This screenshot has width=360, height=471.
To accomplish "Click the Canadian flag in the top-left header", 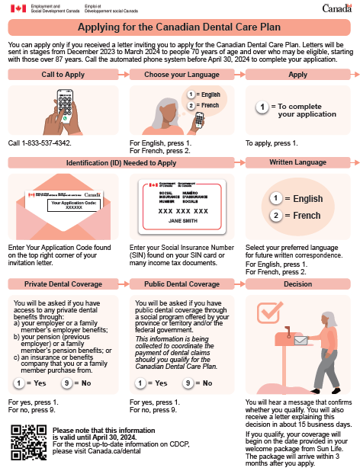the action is pyautogui.click(x=18, y=8).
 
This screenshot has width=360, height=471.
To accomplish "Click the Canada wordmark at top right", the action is pyautogui.click(x=337, y=8).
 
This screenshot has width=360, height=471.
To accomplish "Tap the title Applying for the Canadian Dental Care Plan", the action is pyautogui.click(x=179, y=27).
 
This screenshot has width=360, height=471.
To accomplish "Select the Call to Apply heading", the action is pyautogui.click(x=63, y=75).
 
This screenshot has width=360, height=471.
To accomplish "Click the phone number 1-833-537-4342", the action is pyautogui.click(x=47, y=143).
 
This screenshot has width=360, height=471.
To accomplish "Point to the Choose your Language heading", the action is pyautogui.click(x=182, y=75).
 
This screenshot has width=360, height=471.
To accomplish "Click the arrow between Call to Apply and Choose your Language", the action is pyautogui.click(x=124, y=74).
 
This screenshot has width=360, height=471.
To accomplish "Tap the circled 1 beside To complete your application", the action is pyautogui.click(x=262, y=107).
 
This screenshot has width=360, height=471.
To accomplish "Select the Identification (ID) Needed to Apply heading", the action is pyautogui.click(x=121, y=163).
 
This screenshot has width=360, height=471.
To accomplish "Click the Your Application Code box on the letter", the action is pyautogui.click(x=74, y=205).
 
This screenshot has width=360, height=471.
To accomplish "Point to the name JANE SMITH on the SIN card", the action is pyautogui.click(x=183, y=221).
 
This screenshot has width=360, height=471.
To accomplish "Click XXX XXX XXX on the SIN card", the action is pyautogui.click(x=183, y=211).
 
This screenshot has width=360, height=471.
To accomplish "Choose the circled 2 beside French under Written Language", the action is pyautogui.click(x=276, y=216).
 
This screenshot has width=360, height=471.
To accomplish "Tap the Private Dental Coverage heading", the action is pyautogui.click(x=63, y=284).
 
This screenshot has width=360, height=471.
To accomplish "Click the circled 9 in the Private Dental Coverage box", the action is pyautogui.click(x=66, y=383).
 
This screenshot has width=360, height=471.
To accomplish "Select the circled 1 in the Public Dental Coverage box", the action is pyautogui.click(x=140, y=383).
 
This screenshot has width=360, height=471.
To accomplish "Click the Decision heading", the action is pyautogui.click(x=297, y=284).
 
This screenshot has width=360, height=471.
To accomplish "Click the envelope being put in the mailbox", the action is pyautogui.click(x=301, y=341).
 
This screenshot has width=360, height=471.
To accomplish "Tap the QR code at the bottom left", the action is pyautogui.click(x=29, y=443).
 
